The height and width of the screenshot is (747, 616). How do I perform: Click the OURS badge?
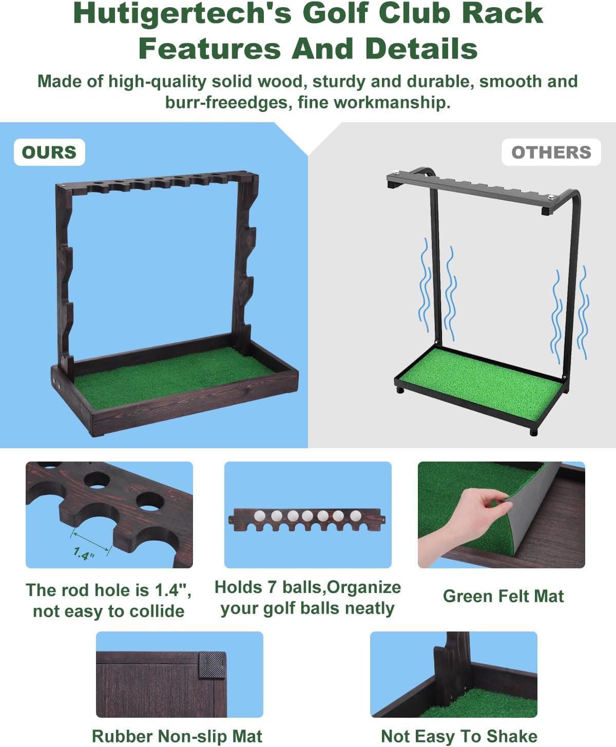click(49, 152)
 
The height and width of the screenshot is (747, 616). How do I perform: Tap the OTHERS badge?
click(551, 152)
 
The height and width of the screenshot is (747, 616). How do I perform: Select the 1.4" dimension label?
click(84, 553)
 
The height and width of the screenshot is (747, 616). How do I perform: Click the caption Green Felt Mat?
click(503, 596)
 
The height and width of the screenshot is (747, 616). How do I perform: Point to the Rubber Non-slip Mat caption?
click(177, 736)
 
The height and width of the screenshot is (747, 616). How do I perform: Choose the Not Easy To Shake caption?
click(459, 736)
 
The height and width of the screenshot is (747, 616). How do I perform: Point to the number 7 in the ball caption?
click(272, 587)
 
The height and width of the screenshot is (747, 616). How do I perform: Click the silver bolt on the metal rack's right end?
click(551, 196)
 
